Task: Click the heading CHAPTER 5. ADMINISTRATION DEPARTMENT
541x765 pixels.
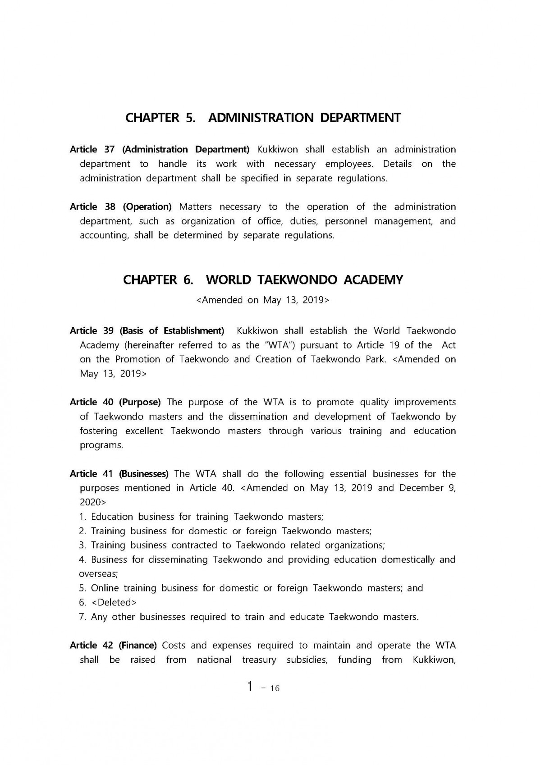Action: (263, 118)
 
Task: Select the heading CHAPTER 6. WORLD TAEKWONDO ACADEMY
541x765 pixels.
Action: (263, 280)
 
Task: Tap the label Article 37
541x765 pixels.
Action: (92, 149)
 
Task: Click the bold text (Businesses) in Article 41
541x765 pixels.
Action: (144, 474)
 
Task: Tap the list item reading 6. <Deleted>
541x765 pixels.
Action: (108, 603)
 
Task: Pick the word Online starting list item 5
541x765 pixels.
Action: (105, 588)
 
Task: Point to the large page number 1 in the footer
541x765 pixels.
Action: (250, 687)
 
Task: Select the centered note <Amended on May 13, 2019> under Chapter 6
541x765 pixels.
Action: (263, 300)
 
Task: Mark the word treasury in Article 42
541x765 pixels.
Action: (259, 660)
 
